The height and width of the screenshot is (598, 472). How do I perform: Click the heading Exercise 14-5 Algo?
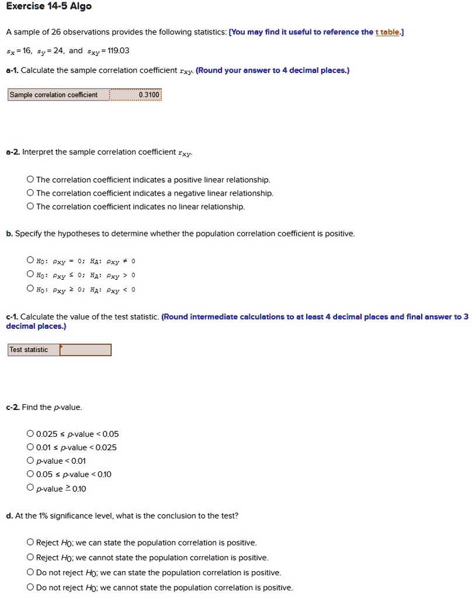[x=48, y=7]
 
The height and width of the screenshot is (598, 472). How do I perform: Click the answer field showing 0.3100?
[x=136, y=95]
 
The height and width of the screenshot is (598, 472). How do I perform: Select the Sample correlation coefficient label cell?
[x=58, y=95]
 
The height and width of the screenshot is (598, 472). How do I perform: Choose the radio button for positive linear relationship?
[x=30, y=180]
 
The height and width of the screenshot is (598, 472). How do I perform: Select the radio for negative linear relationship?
[x=30, y=193]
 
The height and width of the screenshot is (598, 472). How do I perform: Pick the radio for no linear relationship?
[x=30, y=207]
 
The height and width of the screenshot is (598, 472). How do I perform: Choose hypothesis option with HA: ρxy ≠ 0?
[x=30, y=260]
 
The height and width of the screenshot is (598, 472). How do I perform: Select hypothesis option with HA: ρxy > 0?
[x=30, y=274]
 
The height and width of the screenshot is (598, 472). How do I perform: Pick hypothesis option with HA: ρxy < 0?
[x=30, y=288]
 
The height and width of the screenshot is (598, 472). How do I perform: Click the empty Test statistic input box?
[x=85, y=350]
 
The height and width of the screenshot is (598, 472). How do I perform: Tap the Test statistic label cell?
[x=33, y=350]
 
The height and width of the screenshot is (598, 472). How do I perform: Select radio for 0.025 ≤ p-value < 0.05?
[x=30, y=434]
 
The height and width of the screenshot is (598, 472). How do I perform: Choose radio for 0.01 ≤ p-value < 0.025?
[x=30, y=447]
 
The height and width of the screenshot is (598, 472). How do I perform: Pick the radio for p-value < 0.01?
[x=30, y=461]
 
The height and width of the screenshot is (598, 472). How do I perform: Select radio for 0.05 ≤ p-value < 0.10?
[x=30, y=474]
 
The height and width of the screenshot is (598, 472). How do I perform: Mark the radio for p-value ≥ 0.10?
[x=30, y=488]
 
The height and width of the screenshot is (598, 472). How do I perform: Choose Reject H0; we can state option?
[x=30, y=543]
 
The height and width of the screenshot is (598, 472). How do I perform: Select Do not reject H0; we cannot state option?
[x=30, y=587]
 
